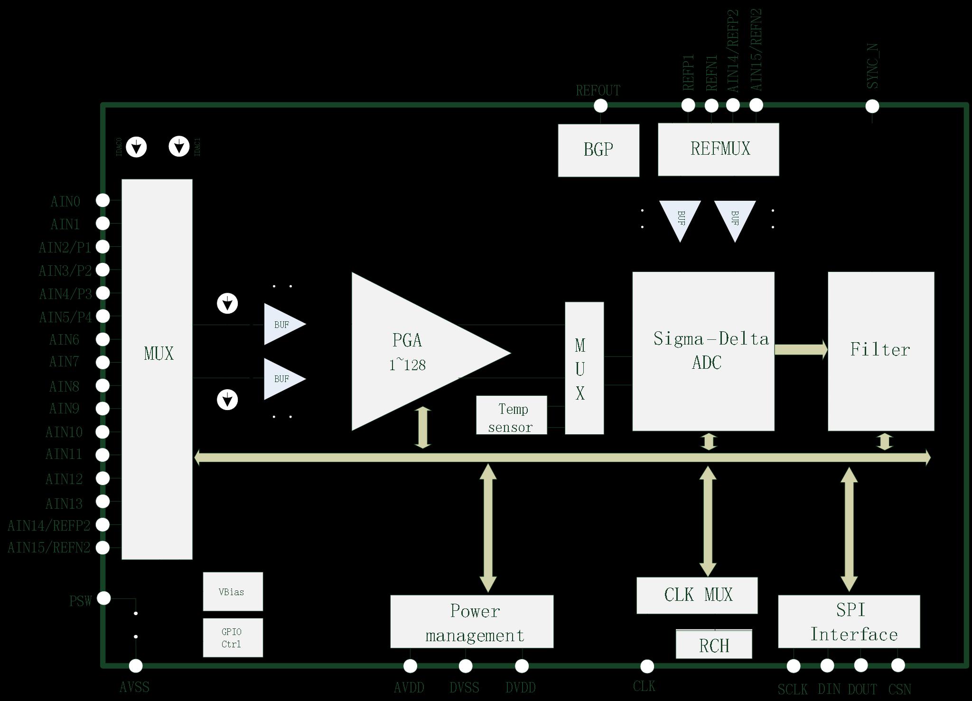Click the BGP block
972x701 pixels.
(598, 150)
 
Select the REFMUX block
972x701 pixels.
(718, 149)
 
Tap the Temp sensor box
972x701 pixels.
(511, 415)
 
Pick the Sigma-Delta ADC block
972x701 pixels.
(703, 351)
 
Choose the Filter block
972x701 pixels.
(880, 351)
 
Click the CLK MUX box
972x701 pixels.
(696, 595)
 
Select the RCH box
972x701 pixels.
(713, 645)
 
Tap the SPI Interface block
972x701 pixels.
(849, 621)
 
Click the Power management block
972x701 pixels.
(471, 621)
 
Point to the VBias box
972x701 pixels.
(233, 591)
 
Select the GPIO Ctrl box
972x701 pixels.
(233, 637)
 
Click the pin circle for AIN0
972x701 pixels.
(103, 200)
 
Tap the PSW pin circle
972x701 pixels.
(104, 598)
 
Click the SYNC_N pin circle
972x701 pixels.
(872, 106)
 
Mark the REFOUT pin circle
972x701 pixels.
(600, 106)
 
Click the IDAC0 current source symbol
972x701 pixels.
(137, 147)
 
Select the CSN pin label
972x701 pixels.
(899, 689)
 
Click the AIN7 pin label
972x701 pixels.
(64, 362)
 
